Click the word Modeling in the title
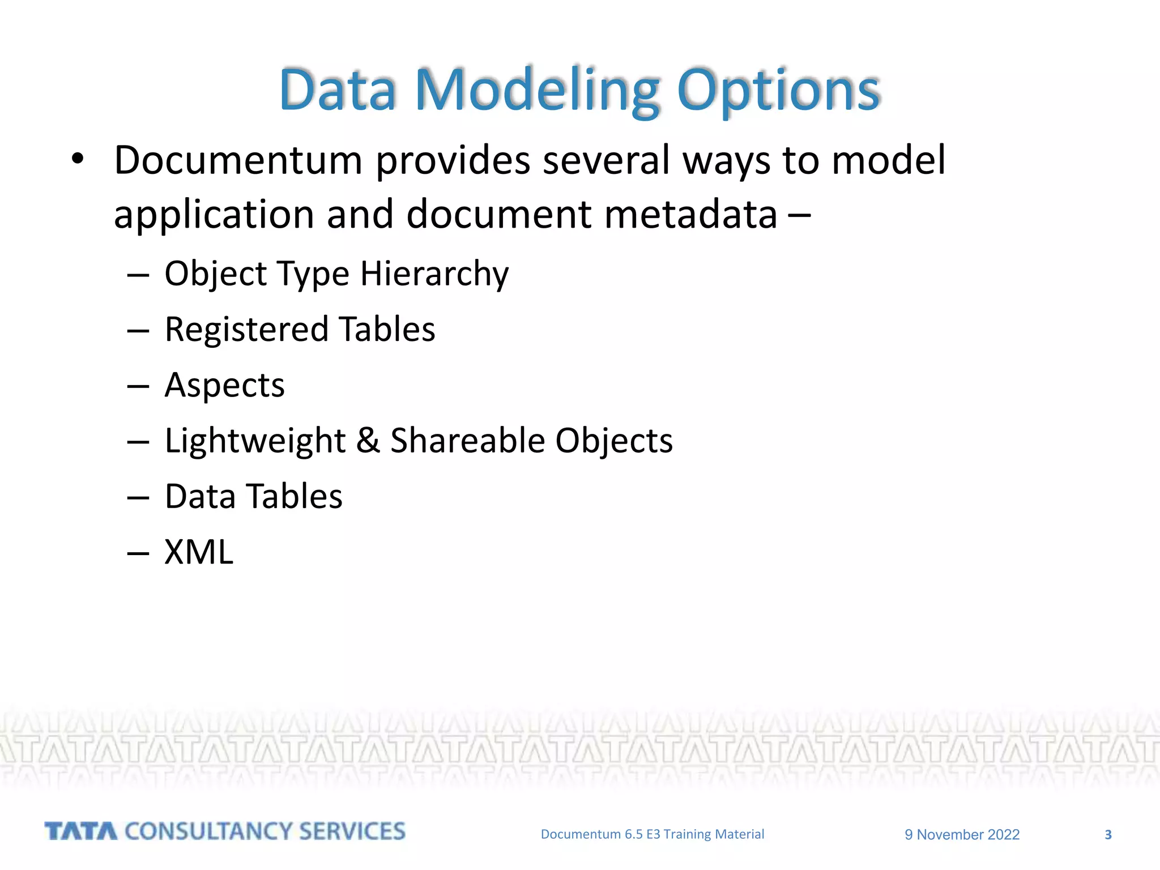[x=537, y=91]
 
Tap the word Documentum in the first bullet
[x=238, y=160]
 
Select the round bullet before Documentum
[x=78, y=159]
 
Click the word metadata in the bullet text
[x=690, y=215]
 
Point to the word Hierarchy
[x=434, y=274]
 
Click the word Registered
[x=246, y=330]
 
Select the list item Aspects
[x=224, y=386]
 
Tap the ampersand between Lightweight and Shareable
[x=368, y=441]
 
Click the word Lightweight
[x=255, y=441]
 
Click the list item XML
[x=198, y=552]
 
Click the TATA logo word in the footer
[x=80, y=831]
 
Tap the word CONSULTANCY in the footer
[x=208, y=831]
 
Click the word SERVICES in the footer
[x=352, y=831]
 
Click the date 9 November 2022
[x=962, y=835]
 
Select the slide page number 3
[x=1108, y=835]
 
